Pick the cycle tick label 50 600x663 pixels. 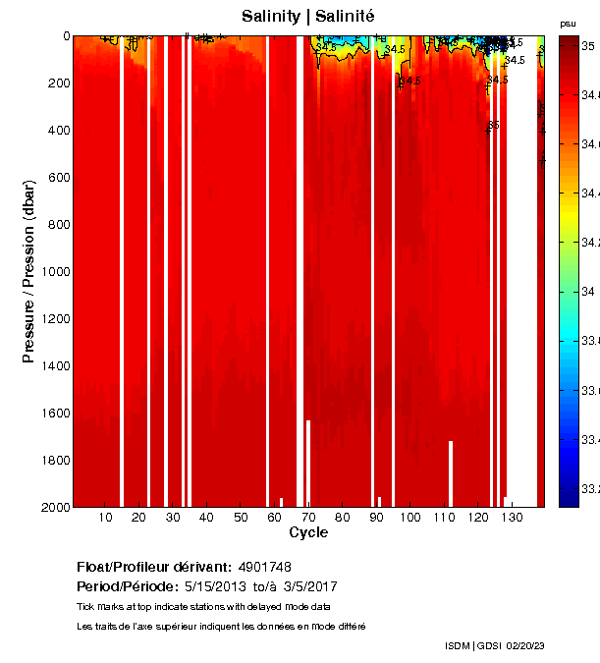[240, 518]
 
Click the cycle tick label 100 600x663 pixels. [409, 518]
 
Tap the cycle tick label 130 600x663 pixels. [512, 518]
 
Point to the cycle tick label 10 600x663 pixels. [104, 518]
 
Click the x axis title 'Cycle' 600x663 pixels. [308, 533]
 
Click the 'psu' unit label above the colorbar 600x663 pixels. [568, 23]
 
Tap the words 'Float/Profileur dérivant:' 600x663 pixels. [153, 567]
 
